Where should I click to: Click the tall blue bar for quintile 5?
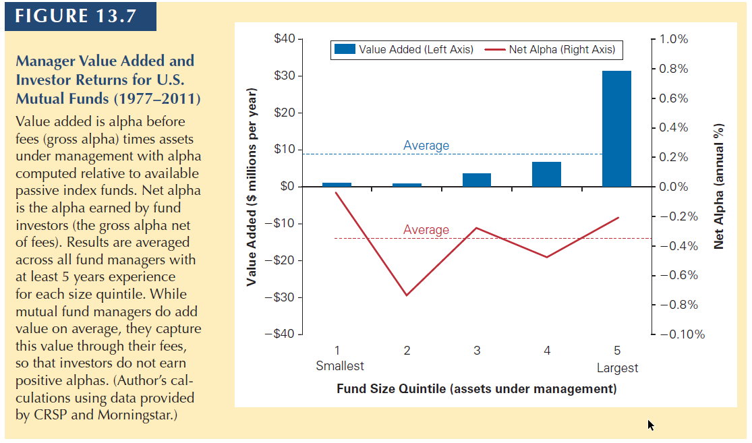coord(616,129)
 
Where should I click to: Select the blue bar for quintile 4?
coord(546,174)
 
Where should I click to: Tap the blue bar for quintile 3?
coord(477,180)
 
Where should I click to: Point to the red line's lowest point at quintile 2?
coord(407,295)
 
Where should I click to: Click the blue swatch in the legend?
coord(345,49)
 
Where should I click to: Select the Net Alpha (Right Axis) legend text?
coord(562,49)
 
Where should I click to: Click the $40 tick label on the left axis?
coord(285,38)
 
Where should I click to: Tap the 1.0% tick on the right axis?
coord(673,39)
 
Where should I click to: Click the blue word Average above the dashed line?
coord(426,145)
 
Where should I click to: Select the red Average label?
coord(426,230)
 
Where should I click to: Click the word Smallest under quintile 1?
coord(339,366)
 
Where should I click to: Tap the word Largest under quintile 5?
coord(617,367)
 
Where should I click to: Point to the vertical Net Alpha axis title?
coord(718,187)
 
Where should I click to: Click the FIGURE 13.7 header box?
coord(80,16)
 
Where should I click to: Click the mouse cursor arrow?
coord(650,425)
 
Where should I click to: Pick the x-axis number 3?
coord(477,351)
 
